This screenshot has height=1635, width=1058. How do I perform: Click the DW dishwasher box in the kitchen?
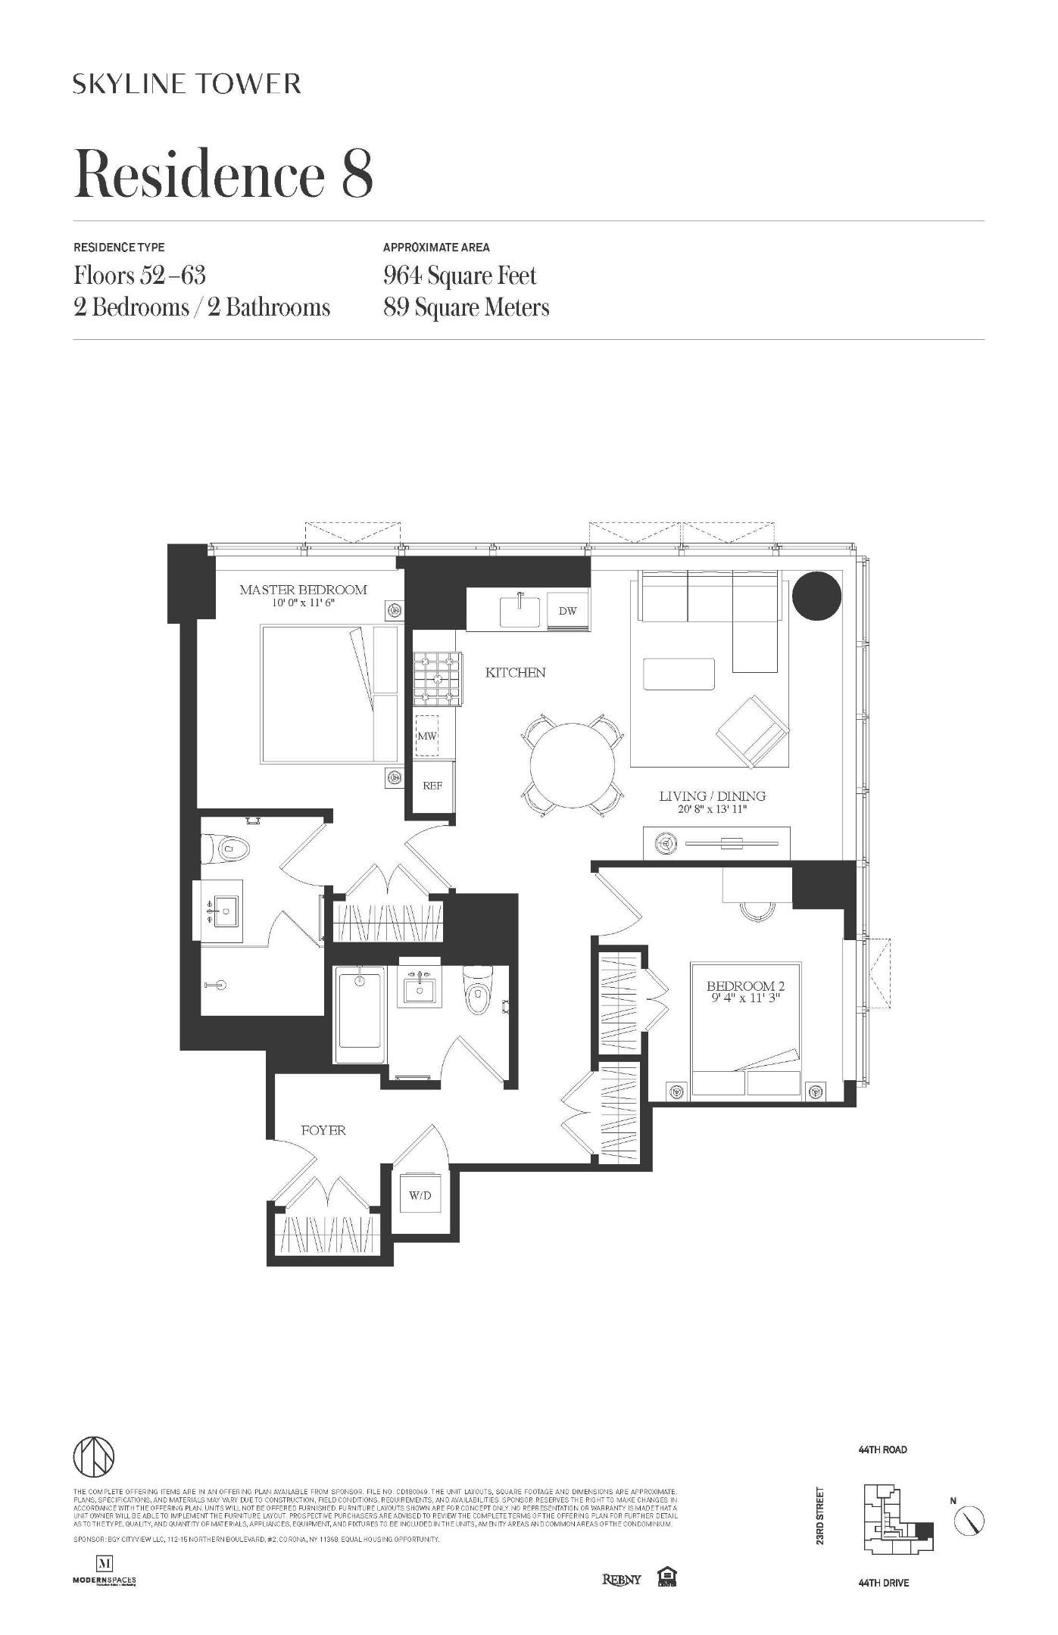point(568,611)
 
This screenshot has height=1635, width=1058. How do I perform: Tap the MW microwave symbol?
point(427,735)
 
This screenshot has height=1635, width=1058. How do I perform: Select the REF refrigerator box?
point(432,786)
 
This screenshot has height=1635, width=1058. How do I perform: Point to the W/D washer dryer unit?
point(420,1195)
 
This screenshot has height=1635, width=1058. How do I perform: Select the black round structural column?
point(816,596)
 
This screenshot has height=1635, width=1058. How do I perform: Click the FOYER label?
point(323,1130)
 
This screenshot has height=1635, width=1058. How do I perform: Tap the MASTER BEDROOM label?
point(303,590)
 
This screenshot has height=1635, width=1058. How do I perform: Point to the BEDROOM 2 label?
point(745,986)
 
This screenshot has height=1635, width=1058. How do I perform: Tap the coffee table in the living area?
point(679,674)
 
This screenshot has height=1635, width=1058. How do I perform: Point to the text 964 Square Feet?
point(460,275)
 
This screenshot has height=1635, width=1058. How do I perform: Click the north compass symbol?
point(970,1519)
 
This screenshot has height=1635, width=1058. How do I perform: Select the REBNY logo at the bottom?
point(621,1579)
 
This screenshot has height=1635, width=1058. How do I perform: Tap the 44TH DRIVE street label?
point(884,1583)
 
